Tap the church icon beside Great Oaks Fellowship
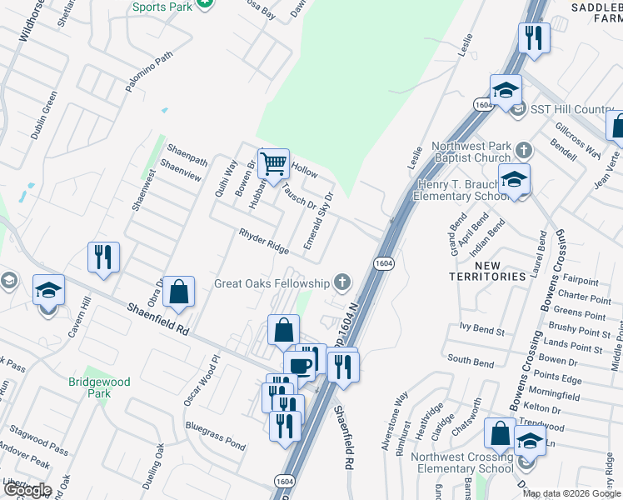tap(341, 282)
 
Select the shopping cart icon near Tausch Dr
tap(273, 166)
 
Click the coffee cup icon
tap(299, 365)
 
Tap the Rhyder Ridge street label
tap(264, 242)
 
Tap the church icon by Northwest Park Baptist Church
tap(523, 151)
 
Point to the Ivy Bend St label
tap(477, 331)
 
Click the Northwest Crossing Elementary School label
tap(449, 462)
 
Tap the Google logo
tap(27, 489)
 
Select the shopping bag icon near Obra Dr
tap(178, 292)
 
